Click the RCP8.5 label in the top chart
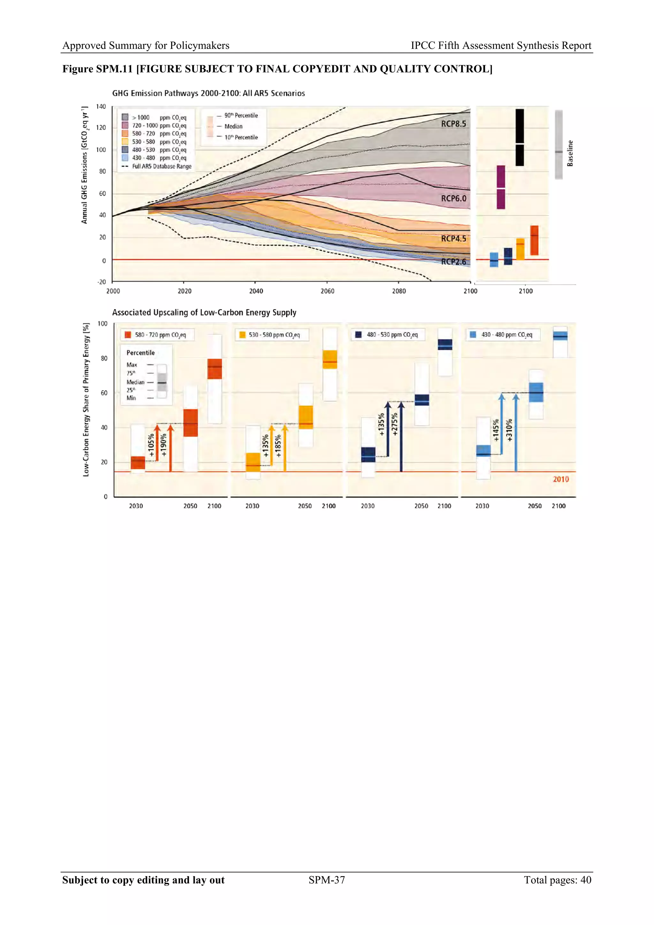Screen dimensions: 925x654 [x=453, y=124]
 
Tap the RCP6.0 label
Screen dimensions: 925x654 [x=453, y=198]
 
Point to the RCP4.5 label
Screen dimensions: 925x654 [x=453, y=239]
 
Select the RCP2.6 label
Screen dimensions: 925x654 [x=453, y=262]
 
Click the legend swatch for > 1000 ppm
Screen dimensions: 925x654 [x=125, y=117]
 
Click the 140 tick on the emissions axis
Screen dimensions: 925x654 [x=101, y=107]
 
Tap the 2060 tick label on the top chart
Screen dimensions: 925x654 [x=327, y=291]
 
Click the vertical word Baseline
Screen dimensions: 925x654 [x=570, y=153]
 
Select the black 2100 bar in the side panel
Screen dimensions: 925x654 [x=520, y=137]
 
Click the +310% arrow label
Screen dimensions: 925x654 [x=509, y=430]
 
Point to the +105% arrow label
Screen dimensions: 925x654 [x=151, y=445]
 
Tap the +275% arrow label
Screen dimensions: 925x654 [x=395, y=424]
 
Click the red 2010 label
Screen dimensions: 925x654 [x=560, y=479]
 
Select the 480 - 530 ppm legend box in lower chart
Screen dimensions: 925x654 [x=388, y=335]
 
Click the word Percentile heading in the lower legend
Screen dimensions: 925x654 [x=141, y=353]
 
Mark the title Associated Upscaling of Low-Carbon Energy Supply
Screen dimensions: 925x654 [x=204, y=313]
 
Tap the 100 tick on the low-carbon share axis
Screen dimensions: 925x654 [x=103, y=324]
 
